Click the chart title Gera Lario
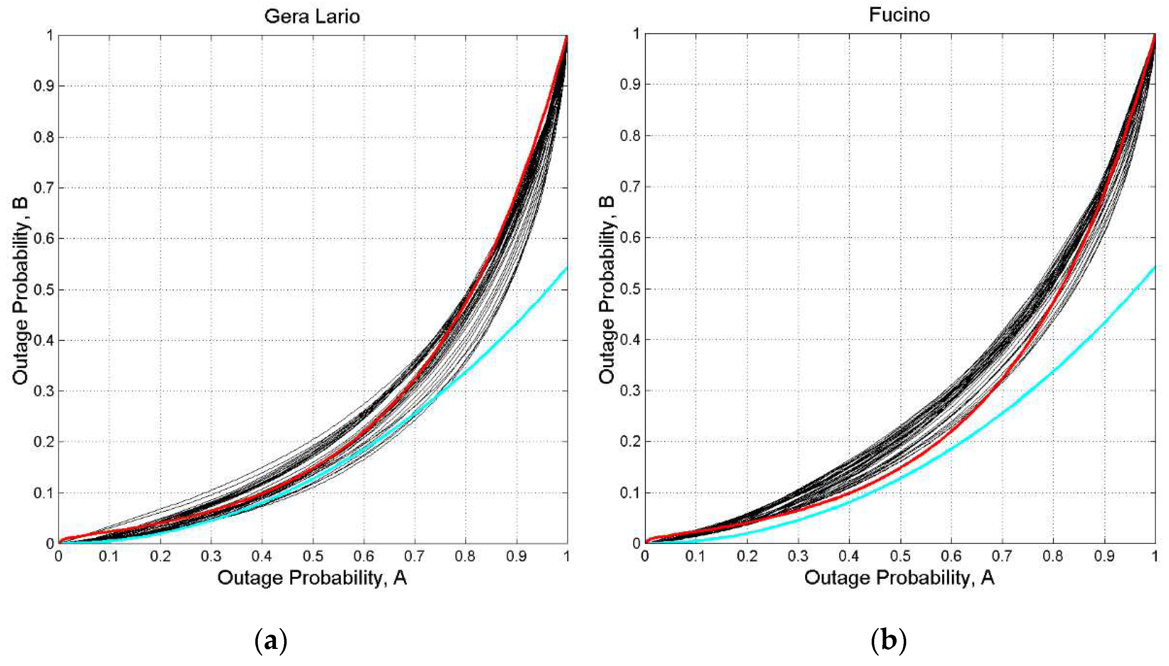click(312, 16)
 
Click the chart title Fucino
click(899, 15)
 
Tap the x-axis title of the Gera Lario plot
click(312, 578)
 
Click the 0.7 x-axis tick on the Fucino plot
click(1002, 556)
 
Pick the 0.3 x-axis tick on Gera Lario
click(211, 556)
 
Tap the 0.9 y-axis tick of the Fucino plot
click(630, 85)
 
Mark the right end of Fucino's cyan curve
click(1154, 266)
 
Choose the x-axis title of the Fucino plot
click(899, 578)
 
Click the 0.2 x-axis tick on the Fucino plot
click(747, 556)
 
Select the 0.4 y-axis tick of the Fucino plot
click(630, 339)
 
